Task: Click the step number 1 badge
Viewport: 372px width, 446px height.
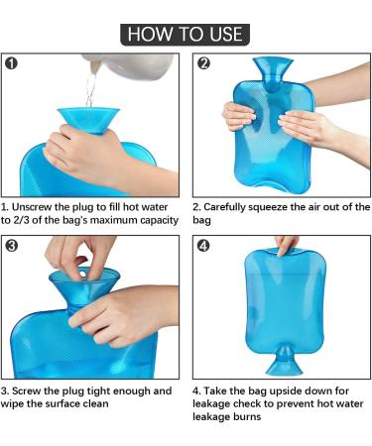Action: [13, 63]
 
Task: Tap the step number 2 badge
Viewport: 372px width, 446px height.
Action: [203, 63]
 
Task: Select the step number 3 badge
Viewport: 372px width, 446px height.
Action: [13, 244]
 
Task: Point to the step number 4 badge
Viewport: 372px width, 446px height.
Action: [203, 244]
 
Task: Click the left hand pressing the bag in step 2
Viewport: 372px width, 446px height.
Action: [239, 115]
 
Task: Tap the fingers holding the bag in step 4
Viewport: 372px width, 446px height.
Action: [287, 244]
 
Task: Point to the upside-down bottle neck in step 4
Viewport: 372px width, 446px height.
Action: [286, 354]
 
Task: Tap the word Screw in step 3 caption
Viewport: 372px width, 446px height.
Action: [33, 390]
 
